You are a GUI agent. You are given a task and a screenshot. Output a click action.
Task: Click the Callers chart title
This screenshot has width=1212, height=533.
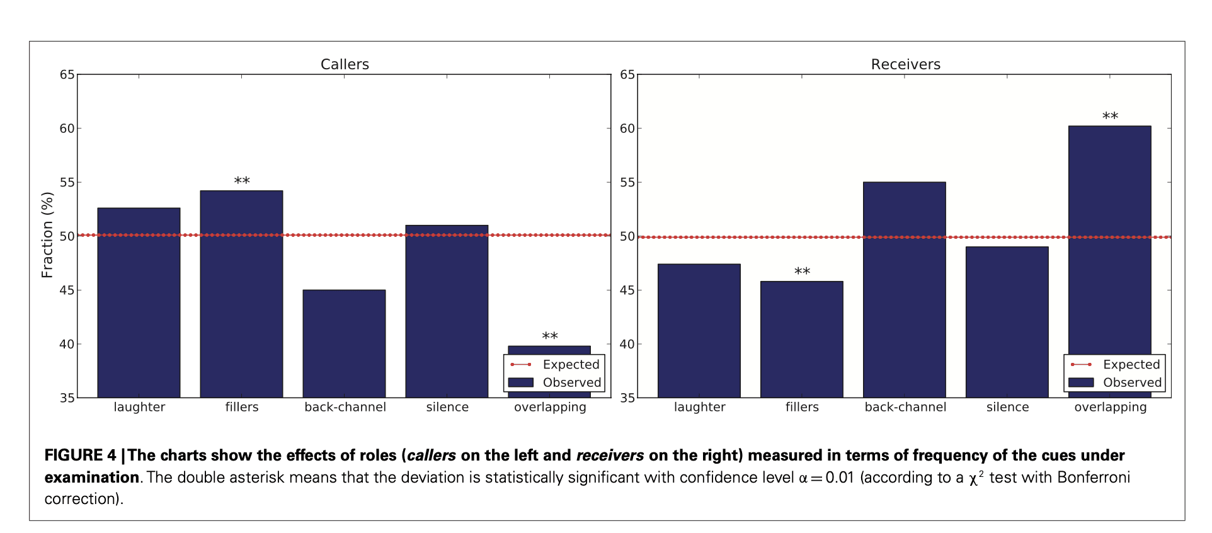click(345, 64)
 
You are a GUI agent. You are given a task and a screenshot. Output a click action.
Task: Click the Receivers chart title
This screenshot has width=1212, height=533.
click(905, 64)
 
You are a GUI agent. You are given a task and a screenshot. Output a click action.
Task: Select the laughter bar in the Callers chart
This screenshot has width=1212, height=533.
click(139, 302)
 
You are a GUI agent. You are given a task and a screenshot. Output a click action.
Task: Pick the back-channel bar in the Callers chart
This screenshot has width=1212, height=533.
click(344, 343)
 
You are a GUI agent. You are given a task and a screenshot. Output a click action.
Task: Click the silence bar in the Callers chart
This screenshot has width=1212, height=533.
click(447, 311)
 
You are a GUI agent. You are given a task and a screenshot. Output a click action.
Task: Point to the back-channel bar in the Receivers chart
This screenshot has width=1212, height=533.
click(904, 290)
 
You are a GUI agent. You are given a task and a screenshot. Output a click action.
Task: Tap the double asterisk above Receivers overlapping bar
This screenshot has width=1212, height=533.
click(1110, 117)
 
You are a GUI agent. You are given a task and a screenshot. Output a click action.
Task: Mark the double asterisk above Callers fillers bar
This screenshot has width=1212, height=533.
click(242, 181)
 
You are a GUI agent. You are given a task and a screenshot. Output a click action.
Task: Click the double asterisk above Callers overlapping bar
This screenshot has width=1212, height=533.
click(550, 336)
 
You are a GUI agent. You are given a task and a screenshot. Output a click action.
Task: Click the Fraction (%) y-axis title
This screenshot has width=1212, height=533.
click(47, 235)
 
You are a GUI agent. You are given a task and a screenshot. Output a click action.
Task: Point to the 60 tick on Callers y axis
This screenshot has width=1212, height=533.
click(67, 129)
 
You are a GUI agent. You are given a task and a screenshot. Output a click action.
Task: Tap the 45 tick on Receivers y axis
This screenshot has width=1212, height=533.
click(627, 290)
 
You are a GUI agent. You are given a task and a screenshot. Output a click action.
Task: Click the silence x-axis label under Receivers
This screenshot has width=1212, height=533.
click(1007, 407)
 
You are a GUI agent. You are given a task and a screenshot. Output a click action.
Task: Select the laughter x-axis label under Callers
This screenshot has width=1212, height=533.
click(139, 407)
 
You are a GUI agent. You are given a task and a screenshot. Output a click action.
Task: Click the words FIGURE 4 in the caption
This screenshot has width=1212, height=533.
click(80, 456)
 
